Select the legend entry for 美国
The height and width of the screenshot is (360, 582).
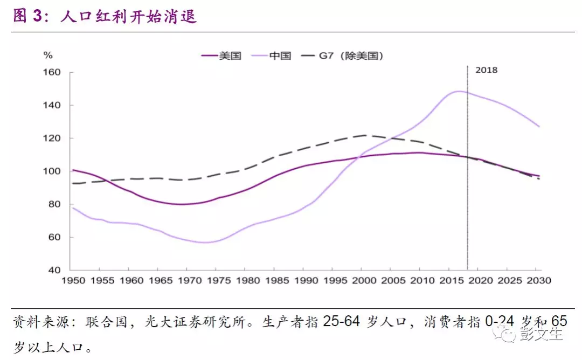(221, 56)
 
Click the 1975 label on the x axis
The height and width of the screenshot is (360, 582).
(216, 281)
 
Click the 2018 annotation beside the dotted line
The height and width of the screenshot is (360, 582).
(486, 70)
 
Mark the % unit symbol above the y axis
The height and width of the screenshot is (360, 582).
(48, 55)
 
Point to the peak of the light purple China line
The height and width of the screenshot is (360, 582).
(458, 91)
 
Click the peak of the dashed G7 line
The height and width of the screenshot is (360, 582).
(364, 135)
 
